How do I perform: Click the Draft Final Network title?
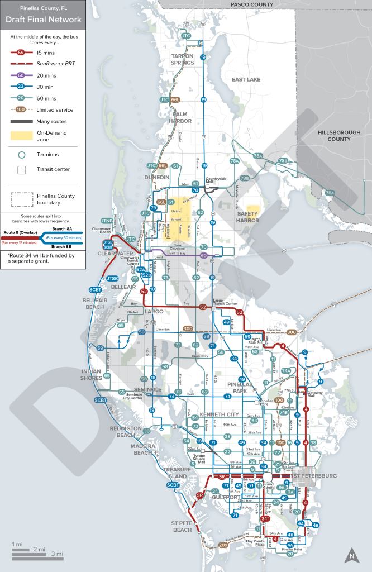pyautogui.click(x=43, y=20)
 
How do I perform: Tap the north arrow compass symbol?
pyautogui.click(x=351, y=555)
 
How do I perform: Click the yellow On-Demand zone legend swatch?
pyautogui.click(x=22, y=136)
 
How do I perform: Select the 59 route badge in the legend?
pyautogui.click(x=21, y=53)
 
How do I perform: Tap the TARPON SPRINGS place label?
pyautogui.click(x=182, y=60)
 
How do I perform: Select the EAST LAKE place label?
pyautogui.click(x=246, y=80)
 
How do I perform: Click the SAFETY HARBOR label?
pyautogui.click(x=247, y=217)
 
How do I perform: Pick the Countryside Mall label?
pyautogui.click(x=216, y=180)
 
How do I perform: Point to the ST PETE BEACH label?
pyautogui.click(x=182, y=526)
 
